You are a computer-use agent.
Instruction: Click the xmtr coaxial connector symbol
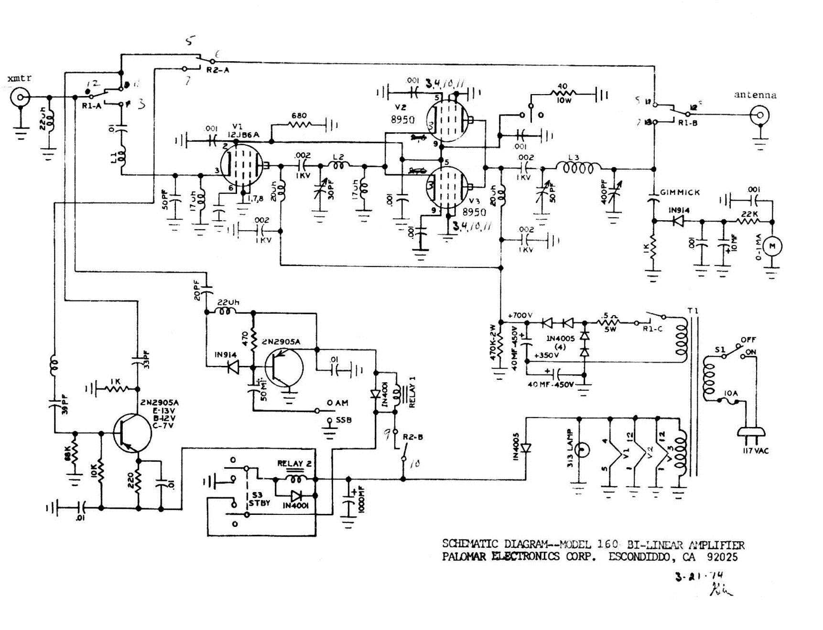(20, 98)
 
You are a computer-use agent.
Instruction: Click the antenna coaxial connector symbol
(759, 115)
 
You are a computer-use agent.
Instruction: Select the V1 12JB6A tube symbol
(243, 165)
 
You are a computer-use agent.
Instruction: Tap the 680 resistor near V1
(300, 126)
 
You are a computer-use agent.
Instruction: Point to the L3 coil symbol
(578, 168)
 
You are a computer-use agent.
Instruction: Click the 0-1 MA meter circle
(772, 246)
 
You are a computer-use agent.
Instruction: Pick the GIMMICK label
(680, 192)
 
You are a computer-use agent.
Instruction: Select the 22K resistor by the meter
(748, 221)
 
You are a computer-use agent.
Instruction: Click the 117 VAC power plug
(752, 432)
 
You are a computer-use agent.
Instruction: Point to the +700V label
(520, 315)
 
